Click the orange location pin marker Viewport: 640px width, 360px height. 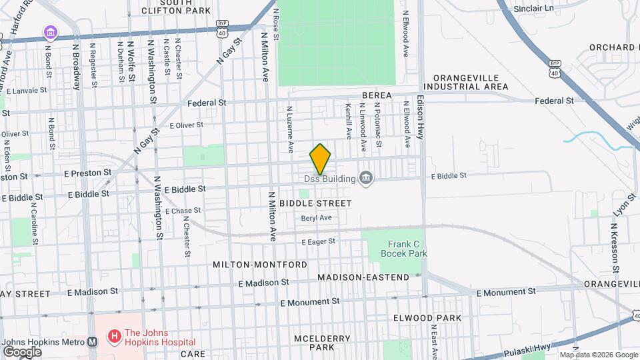pyautogui.click(x=321, y=159)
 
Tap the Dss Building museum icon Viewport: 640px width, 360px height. pyautogui.click(x=366, y=177)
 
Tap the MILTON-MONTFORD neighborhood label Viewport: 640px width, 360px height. pyautogui.click(x=260, y=265)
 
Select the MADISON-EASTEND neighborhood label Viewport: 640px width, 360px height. pyautogui.click(x=363, y=277)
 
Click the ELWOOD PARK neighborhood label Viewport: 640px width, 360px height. pyautogui.click(x=437, y=318)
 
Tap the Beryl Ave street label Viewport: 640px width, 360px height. pyautogui.click(x=316, y=218)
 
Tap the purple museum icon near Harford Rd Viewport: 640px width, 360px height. pyautogui.click(x=51, y=32)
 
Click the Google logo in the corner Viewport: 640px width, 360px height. pyautogui.click(x=22, y=351)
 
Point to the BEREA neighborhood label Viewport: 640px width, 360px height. pyautogui.click(x=377, y=96)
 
